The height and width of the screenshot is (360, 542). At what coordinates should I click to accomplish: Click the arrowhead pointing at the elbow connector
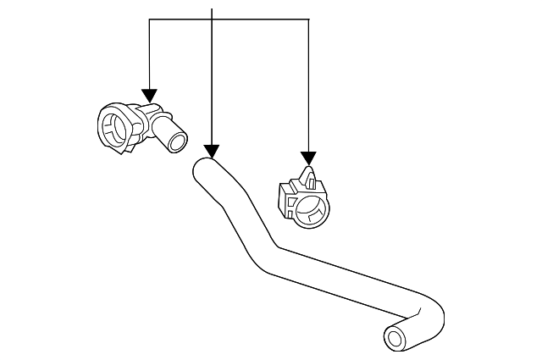click(x=150, y=97)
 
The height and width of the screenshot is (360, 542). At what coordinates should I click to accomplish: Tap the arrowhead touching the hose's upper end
click(x=211, y=150)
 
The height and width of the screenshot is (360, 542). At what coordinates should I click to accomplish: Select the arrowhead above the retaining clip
click(x=308, y=158)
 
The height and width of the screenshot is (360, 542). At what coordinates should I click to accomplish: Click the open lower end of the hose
click(x=395, y=340)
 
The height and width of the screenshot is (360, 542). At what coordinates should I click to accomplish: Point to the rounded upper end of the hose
click(x=204, y=166)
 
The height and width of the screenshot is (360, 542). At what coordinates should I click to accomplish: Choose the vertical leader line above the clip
click(x=308, y=85)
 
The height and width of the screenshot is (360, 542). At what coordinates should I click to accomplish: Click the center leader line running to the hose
click(x=211, y=85)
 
